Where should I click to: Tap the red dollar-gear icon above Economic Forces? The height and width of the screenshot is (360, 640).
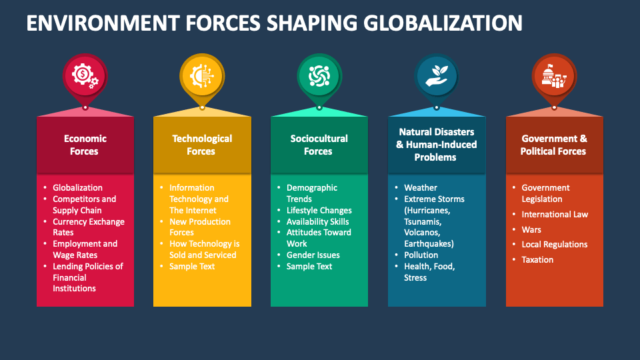coord(85,76)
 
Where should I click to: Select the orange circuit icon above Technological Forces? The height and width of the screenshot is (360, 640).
coord(202,76)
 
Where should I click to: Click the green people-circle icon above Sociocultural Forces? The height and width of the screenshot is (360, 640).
coord(319,76)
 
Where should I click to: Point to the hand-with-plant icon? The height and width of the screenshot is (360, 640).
coord(437,76)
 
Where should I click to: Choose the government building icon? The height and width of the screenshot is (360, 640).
coord(554,76)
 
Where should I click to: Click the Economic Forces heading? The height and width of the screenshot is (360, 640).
coord(85,145)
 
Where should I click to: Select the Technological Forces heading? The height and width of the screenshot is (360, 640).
coord(201,145)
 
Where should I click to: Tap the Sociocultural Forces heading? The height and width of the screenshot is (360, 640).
coord(319,145)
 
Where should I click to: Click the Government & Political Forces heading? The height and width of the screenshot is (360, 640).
coord(554,145)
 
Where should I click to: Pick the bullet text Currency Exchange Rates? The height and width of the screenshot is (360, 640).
coord(88,227)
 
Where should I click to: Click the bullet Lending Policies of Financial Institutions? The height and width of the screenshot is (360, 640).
coord(87,277)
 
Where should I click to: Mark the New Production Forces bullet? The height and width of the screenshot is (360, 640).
coord(199,227)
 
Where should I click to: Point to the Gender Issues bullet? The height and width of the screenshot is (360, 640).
coord(313,255)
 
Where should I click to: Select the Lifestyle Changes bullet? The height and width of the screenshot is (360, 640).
coord(319,210)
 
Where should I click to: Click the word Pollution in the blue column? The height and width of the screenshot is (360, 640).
coord(421,255)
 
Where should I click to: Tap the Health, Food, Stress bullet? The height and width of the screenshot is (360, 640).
coord(429,272)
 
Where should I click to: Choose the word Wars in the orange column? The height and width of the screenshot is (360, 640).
coord(531,229)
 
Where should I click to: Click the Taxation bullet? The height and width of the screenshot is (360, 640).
coord(537,259)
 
